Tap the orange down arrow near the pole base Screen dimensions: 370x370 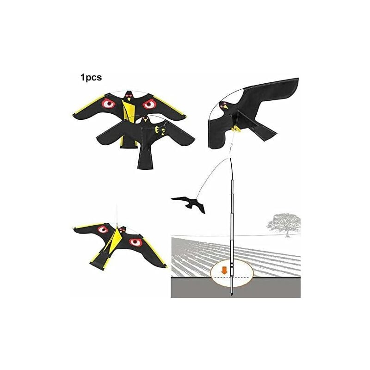(x=224, y=270)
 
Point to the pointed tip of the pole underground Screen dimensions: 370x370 (x=231, y=294)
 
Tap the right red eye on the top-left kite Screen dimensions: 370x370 (x=149, y=104)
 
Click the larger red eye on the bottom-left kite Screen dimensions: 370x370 (x=135, y=241)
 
